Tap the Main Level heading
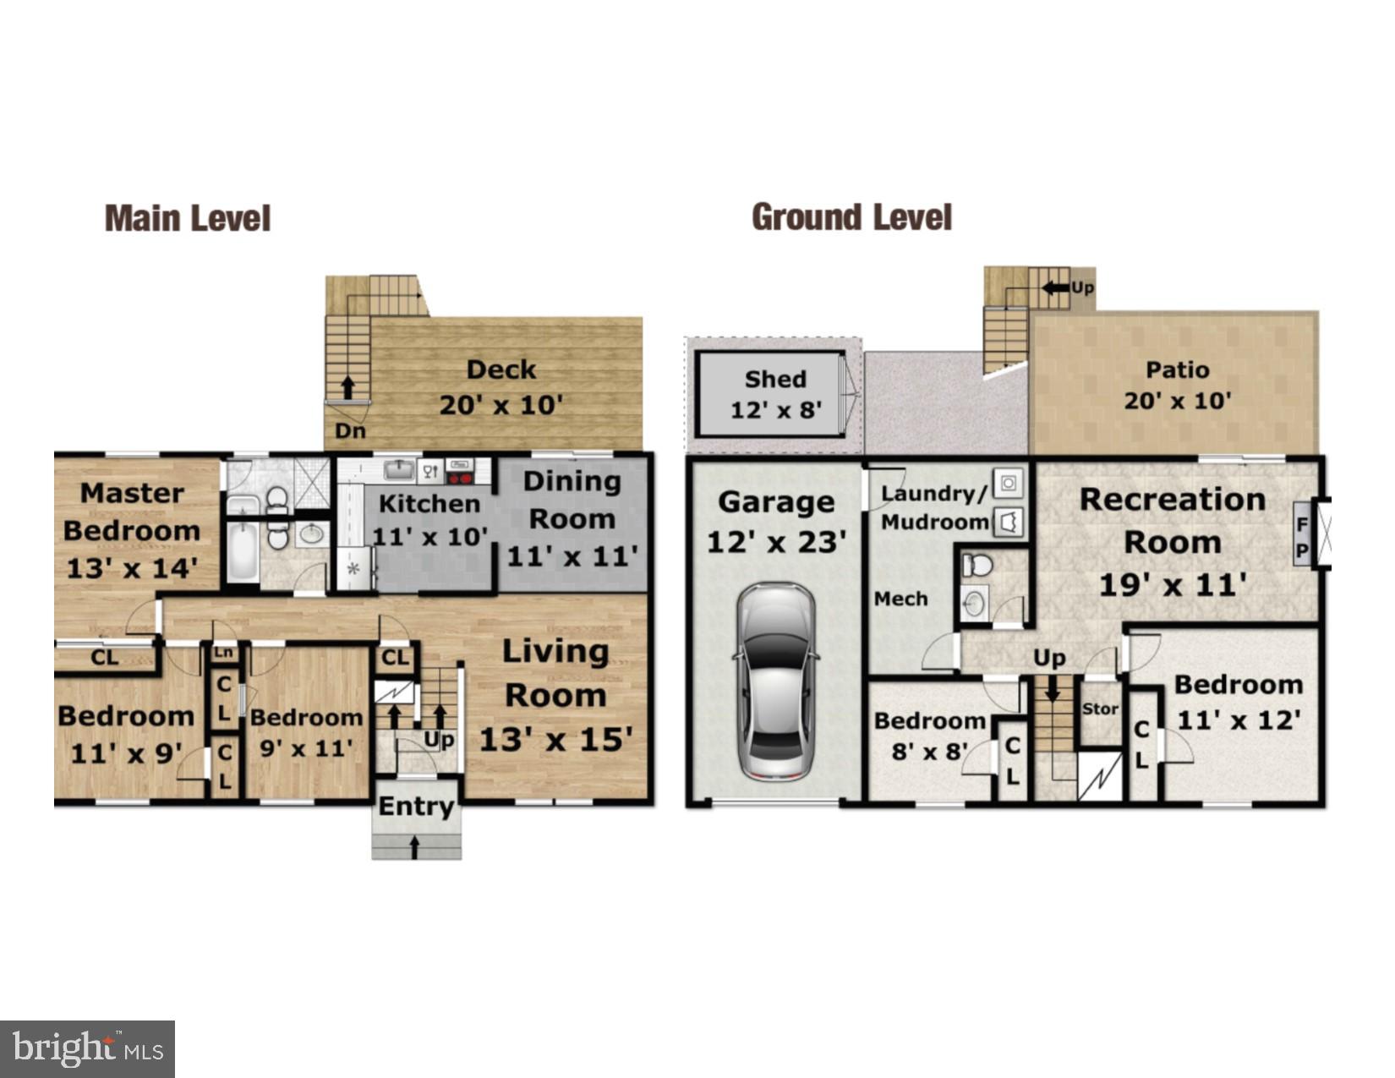(188, 218)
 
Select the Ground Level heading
(851, 217)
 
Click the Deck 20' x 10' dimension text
(501, 405)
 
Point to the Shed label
(775, 379)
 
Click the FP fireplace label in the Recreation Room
(1302, 539)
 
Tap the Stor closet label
(1100, 709)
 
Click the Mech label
(900, 599)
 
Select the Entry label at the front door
(416, 806)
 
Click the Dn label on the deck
(350, 430)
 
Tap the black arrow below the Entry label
(414, 846)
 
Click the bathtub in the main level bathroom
(243, 552)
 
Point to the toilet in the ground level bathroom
(978, 565)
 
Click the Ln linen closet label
(223, 652)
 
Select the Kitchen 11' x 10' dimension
(429, 537)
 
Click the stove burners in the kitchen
(459, 478)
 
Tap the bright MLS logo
(87, 1049)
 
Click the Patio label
(1177, 369)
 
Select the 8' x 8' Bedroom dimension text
(929, 751)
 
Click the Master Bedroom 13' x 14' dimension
(132, 568)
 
